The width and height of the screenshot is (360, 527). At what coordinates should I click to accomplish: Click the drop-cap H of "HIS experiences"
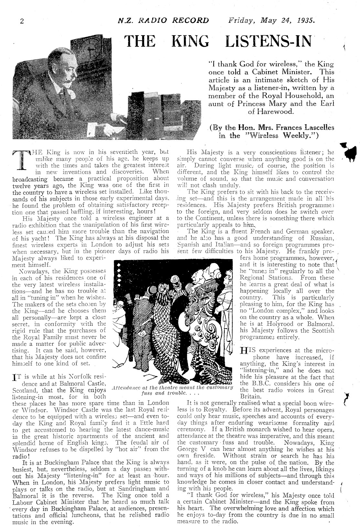coord(245,351)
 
